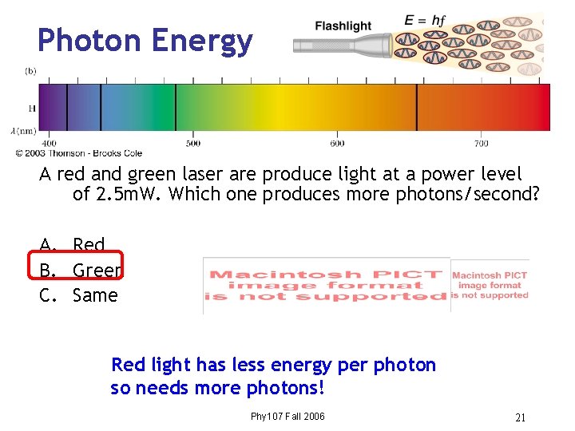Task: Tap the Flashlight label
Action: coord(343,26)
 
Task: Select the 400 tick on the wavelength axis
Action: coord(49,144)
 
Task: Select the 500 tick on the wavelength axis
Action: coord(193,144)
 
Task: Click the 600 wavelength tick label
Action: coord(337,144)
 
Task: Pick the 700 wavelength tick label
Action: coord(481,144)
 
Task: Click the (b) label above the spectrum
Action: coord(30,71)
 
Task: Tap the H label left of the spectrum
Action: coord(32,107)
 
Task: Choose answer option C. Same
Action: coord(80,295)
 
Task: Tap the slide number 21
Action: coord(520,417)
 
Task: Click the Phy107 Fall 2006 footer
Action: coord(287,417)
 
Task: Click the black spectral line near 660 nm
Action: coord(416,107)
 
